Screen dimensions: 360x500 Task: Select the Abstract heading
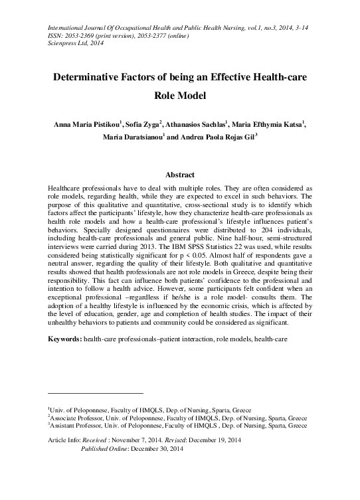(179, 175)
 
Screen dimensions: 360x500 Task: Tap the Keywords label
(65, 339)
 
